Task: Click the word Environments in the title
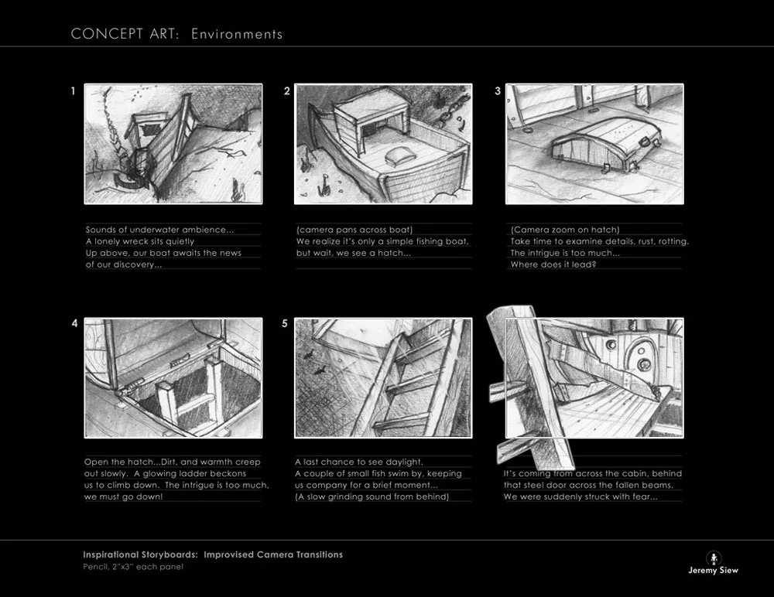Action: click(237, 34)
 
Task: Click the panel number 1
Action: click(73, 90)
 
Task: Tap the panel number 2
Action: click(287, 90)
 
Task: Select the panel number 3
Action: click(498, 90)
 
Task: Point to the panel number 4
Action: click(74, 324)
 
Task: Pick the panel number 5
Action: click(284, 324)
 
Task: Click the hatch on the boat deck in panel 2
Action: click(397, 159)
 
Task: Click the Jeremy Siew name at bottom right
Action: click(714, 571)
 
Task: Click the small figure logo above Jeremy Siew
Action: click(714, 558)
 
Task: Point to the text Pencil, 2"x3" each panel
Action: click(133, 567)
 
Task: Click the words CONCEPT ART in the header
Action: click(125, 34)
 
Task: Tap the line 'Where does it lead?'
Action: click(553, 264)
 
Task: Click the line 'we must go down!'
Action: click(123, 496)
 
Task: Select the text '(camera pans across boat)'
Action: click(354, 230)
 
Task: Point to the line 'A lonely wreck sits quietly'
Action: click(139, 241)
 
